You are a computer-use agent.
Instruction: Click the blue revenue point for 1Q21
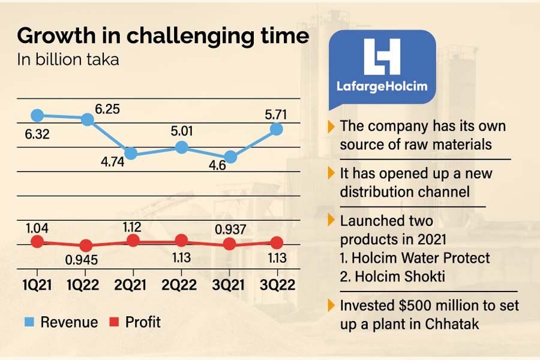pos(37,115)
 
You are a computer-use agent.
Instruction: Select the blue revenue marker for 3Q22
pos(277,128)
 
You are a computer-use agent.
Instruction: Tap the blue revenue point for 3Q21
pos(230,157)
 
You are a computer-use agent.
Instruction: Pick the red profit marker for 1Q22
pos(86,245)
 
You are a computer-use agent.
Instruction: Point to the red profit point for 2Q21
pos(133,240)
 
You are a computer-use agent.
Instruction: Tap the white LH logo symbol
pos(382,57)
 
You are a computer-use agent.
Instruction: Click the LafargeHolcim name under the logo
pos(382,86)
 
